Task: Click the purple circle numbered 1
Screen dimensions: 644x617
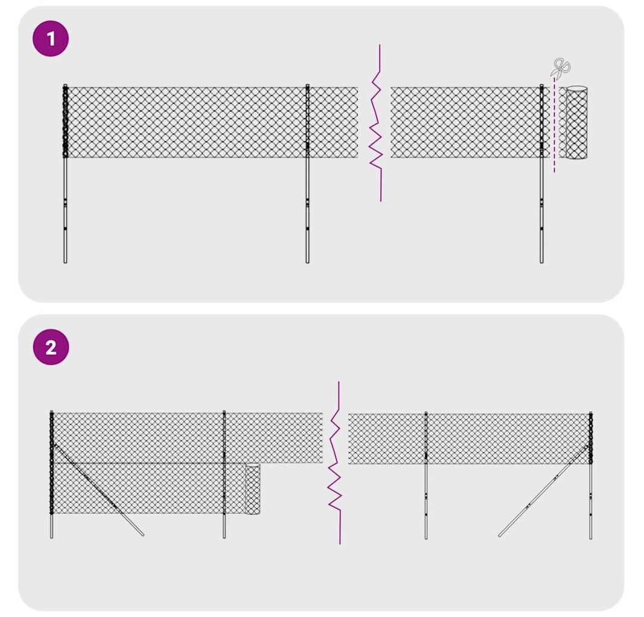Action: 51,39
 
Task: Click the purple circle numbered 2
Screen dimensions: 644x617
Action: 51,348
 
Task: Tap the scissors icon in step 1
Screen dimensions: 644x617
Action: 560,67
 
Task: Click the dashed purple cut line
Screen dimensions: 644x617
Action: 554,125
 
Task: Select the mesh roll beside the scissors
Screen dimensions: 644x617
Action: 577,122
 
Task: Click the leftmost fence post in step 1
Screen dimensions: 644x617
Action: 65,174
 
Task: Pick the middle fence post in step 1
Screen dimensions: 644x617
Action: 307,174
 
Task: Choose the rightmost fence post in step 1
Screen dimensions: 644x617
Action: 542,174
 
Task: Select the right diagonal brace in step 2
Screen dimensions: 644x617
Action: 544,490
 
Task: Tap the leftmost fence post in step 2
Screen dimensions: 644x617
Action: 51,474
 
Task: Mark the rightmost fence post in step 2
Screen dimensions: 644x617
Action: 590,475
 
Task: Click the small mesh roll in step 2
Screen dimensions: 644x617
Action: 252,489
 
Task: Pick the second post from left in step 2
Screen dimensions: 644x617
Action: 224,474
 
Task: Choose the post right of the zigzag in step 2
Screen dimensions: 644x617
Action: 426,475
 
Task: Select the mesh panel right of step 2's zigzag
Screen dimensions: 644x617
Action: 469,439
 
